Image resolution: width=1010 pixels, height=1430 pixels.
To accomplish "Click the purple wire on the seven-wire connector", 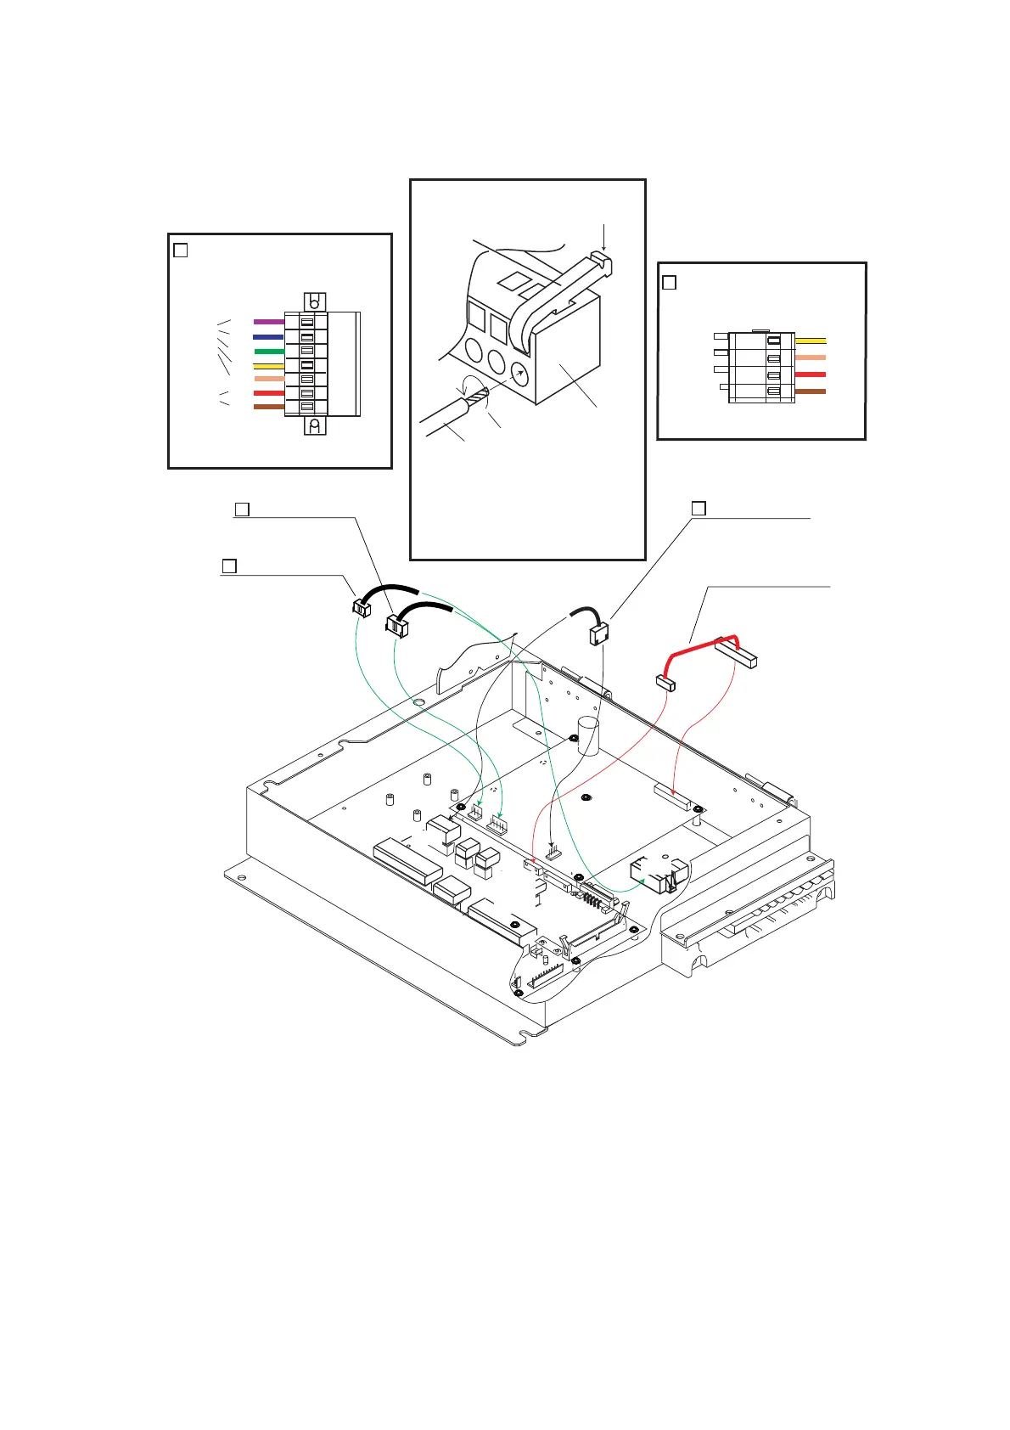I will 268,322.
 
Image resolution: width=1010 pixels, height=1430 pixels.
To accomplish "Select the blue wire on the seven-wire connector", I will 268,337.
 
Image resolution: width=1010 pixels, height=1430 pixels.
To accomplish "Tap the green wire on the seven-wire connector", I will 268,351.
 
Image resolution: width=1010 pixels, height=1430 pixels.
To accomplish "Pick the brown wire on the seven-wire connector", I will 268,407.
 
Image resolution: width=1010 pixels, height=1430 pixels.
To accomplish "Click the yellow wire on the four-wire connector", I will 810,341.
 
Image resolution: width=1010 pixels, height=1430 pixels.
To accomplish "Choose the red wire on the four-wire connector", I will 810,374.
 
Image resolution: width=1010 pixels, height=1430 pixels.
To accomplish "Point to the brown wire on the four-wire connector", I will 810,391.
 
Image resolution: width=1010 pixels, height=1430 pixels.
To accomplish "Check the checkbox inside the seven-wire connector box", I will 180,251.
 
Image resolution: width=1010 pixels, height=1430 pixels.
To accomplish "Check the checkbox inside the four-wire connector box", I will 669,283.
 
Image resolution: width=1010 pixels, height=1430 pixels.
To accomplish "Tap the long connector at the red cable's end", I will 735,653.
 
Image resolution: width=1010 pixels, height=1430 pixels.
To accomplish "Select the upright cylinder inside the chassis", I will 588,735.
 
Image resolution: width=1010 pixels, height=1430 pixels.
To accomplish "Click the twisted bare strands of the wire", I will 475,396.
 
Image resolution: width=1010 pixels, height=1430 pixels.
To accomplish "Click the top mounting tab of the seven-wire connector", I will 314,302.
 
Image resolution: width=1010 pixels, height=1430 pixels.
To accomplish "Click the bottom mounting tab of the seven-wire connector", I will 314,425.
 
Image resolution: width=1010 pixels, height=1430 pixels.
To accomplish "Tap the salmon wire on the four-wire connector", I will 810,357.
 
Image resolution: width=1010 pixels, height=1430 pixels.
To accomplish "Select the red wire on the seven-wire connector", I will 268,393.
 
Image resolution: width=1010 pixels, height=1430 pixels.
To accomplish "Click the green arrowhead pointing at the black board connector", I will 643,881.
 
